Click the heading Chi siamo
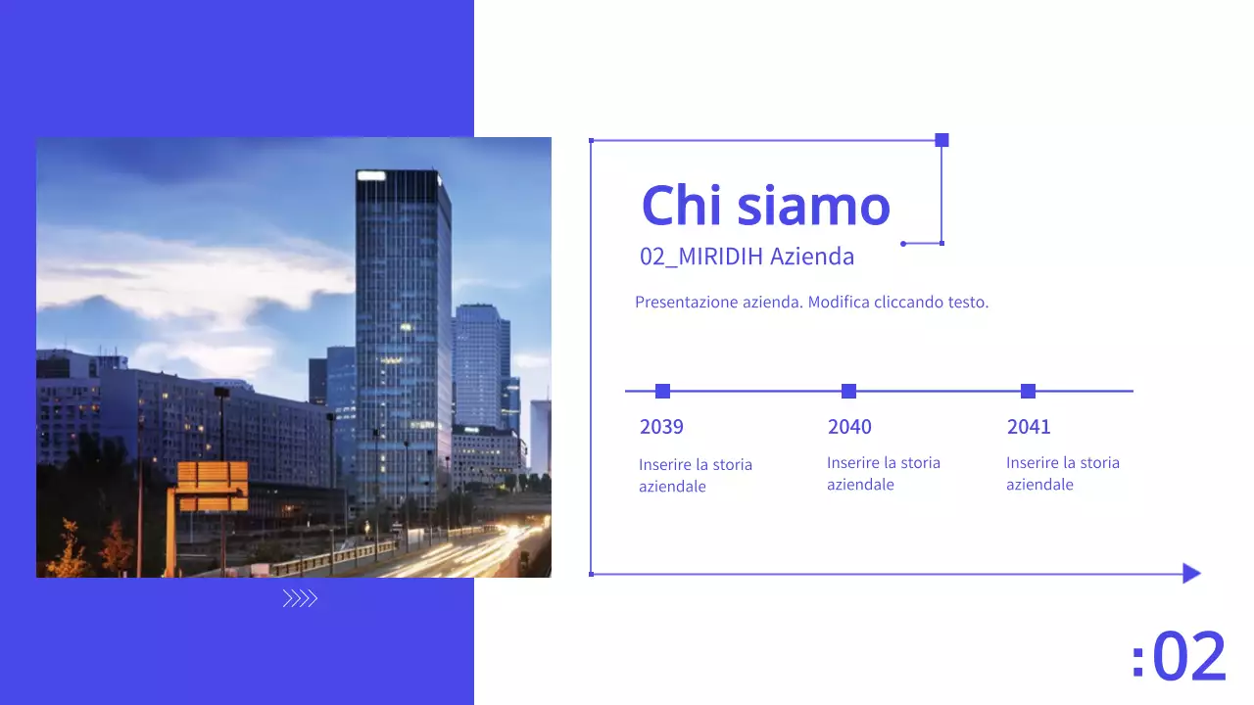[765, 206]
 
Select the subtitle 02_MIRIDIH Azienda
[747, 257]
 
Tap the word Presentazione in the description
[685, 303]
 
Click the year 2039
[661, 427]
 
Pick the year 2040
[849, 427]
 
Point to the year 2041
[1029, 427]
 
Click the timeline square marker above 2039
[662, 392]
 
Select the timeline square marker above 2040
[848, 392]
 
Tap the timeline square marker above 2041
[1028, 392]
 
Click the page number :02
[1179, 657]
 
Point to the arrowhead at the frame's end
[1191, 574]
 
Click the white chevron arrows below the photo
[300, 599]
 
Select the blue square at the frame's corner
[941, 140]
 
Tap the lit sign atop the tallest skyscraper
[371, 175]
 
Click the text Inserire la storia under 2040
[884, 463]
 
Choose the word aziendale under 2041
[1039, 485]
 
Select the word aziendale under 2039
[672, 487]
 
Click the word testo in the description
[968, 303]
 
